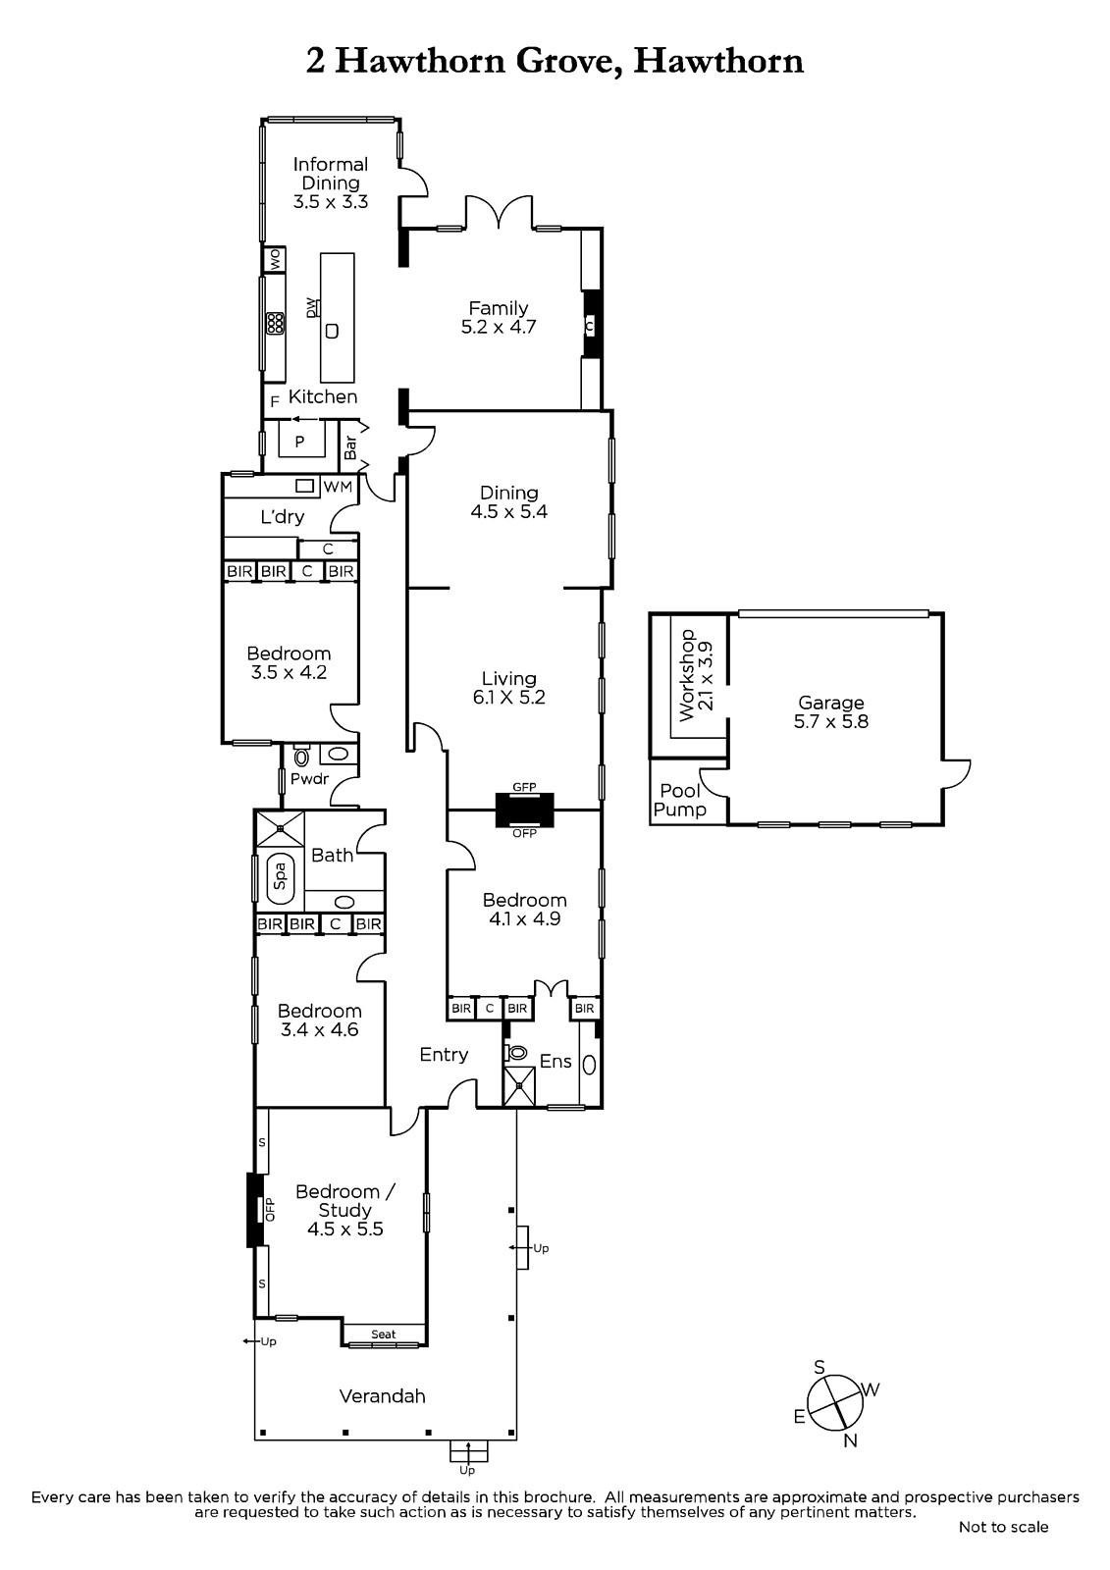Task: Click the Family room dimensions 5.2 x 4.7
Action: [498, 327]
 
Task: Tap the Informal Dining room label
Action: [331, 173]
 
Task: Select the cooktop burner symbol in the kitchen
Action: [275, 323]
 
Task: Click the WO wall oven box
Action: [274, 259]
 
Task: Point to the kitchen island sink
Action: [333, 331]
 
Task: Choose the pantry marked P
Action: [299, 442]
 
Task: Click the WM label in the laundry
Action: [338, 487]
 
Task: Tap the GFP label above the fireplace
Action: [524, 787]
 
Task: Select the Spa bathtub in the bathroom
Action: [280, 877]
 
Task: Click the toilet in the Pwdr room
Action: [302, 756]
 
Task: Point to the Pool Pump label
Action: [680, 801]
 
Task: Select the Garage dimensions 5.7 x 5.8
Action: [831, 721]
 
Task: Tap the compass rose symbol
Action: [835, 1401]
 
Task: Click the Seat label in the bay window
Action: [384, 1334]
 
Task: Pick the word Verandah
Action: [382, 1396]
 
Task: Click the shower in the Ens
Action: [519, 1085]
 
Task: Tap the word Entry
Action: [444, 1055]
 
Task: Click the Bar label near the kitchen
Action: [350, 447]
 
